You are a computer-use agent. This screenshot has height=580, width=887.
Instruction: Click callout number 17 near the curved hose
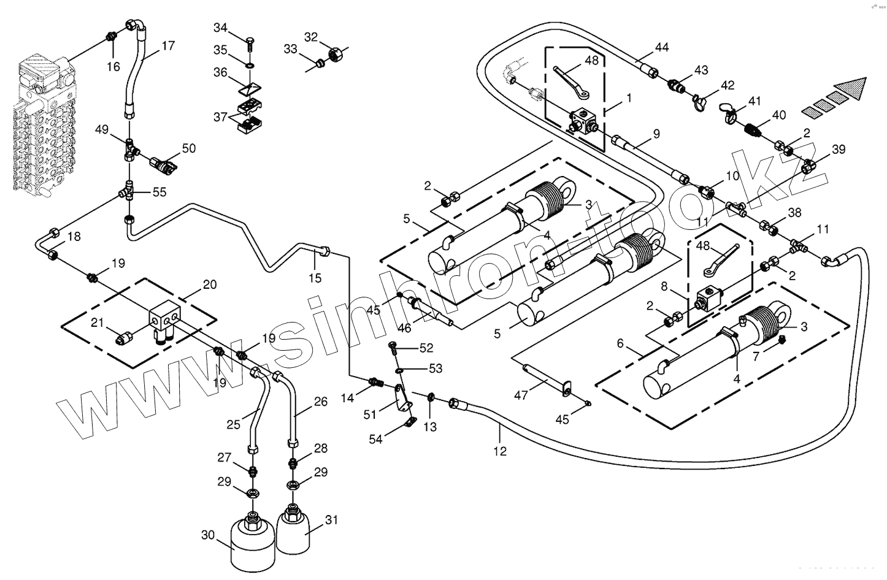[x=168, y=46]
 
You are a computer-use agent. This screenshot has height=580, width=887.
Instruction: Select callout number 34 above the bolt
[x=220, y=28]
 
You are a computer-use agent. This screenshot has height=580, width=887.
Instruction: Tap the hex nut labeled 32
[x=335, y=54]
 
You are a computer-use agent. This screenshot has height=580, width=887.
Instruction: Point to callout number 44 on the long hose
[x=662, y=47]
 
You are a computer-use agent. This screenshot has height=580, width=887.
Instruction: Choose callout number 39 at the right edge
[x=839, y=150]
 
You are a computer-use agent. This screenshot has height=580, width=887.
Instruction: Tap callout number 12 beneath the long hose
[x=500, y=451]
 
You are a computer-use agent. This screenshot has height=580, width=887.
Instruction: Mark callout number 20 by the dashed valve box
[x=210, y=284]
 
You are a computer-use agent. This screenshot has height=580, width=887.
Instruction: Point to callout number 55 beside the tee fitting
[x=159, y=192]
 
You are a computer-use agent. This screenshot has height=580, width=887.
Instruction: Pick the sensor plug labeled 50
[x=164, y=164]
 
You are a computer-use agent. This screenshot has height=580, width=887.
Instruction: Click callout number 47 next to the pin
[x=521, y=395]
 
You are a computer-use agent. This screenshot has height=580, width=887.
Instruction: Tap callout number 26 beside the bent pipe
[x=321, y=402]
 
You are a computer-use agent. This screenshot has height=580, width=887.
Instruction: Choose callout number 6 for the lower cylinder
[x=620, y=344]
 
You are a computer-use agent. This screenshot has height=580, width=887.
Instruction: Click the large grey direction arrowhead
[x=853, y=88]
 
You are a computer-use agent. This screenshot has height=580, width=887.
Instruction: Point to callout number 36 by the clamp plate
[x=220, y=72]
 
